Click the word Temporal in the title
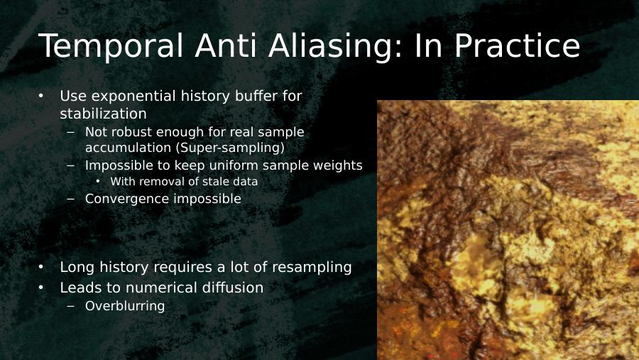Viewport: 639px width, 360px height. [111, 45]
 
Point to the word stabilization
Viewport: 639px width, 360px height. [103, 114]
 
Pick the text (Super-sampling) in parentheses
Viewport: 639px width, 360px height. [230, 148]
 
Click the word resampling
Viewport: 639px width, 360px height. [312, 268]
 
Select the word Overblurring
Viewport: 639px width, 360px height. [125, 306]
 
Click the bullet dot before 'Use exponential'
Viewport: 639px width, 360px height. [40, 97]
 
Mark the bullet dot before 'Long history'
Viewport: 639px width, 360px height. [40, 267]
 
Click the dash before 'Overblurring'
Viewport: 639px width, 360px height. [70, 306]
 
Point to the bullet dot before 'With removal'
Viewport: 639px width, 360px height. [98, 182]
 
